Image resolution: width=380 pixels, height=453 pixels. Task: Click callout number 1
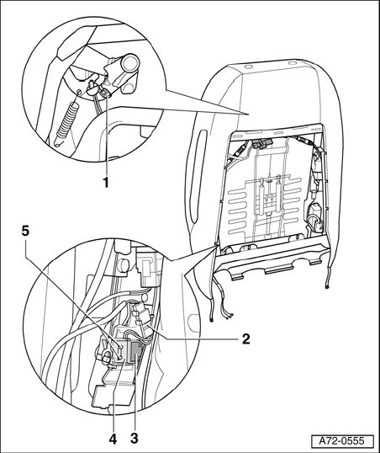coord(106,182)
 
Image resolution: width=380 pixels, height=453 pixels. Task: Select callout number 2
coord(245,338)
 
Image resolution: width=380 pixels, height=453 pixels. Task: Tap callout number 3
coord(135,439)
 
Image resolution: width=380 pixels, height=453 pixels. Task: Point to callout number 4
coord(113,439)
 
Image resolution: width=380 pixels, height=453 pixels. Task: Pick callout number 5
coord(25,231)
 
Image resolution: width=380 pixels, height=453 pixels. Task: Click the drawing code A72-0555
coord(341,441)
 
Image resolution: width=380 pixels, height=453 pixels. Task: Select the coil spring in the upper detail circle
coord(67,121)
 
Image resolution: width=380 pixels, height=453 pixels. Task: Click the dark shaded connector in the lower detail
coord(135,351)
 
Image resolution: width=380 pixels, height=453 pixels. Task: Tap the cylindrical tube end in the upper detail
coord(130,62)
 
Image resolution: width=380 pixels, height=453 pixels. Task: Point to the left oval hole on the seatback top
coord(247,67)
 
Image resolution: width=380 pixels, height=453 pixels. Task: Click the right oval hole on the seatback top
coord(292,62)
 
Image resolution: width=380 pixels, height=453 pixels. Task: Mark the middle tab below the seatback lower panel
coord(279,271)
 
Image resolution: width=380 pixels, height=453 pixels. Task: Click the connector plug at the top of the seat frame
coord(262,144)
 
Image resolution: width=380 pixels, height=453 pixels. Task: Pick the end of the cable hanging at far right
coord(326,286)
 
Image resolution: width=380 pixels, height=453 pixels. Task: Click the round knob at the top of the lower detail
coord(124,265)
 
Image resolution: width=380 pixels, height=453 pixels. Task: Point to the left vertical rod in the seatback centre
coord(261,196)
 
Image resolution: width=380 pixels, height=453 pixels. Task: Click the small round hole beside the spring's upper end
coord(78,92)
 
